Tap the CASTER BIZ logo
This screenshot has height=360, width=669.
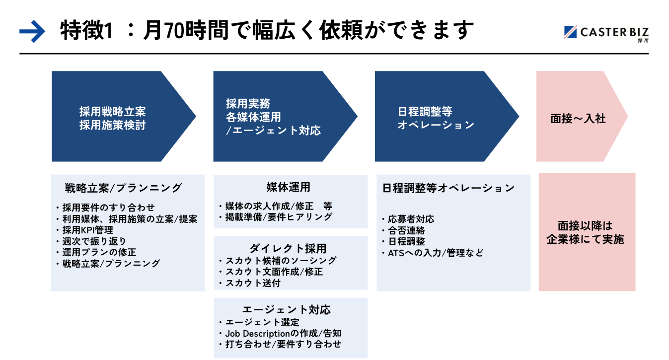(x=606, y=33)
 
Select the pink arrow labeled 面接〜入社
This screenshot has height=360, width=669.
(x=578, y=119)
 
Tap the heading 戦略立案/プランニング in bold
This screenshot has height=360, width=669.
(x=123, y=188)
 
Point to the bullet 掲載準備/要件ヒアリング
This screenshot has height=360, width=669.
(x=279, y=216)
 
